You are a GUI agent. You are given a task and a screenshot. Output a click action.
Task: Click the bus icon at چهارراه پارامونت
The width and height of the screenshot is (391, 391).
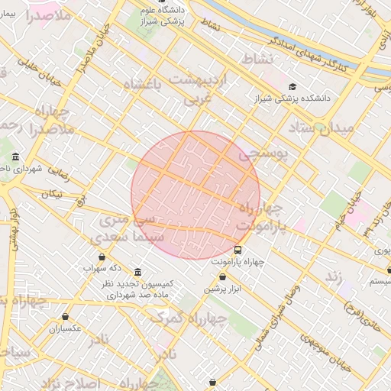238,250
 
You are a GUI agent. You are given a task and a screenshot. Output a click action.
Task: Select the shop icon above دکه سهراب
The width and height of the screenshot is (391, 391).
103,257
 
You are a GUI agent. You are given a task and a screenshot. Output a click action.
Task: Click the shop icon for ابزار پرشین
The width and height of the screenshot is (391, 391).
222,277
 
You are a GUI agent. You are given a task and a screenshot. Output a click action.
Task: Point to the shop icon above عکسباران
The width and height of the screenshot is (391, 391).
65,316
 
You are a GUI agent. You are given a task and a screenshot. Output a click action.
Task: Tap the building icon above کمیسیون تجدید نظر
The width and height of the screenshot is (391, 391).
137,272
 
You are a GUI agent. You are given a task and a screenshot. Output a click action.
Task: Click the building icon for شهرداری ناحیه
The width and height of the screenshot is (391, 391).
16,157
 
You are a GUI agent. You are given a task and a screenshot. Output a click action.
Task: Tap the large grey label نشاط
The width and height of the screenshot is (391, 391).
256,59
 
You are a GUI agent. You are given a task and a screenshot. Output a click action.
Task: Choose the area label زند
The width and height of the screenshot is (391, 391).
333,276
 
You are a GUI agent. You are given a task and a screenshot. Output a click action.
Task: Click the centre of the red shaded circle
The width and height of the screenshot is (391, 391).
195,195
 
